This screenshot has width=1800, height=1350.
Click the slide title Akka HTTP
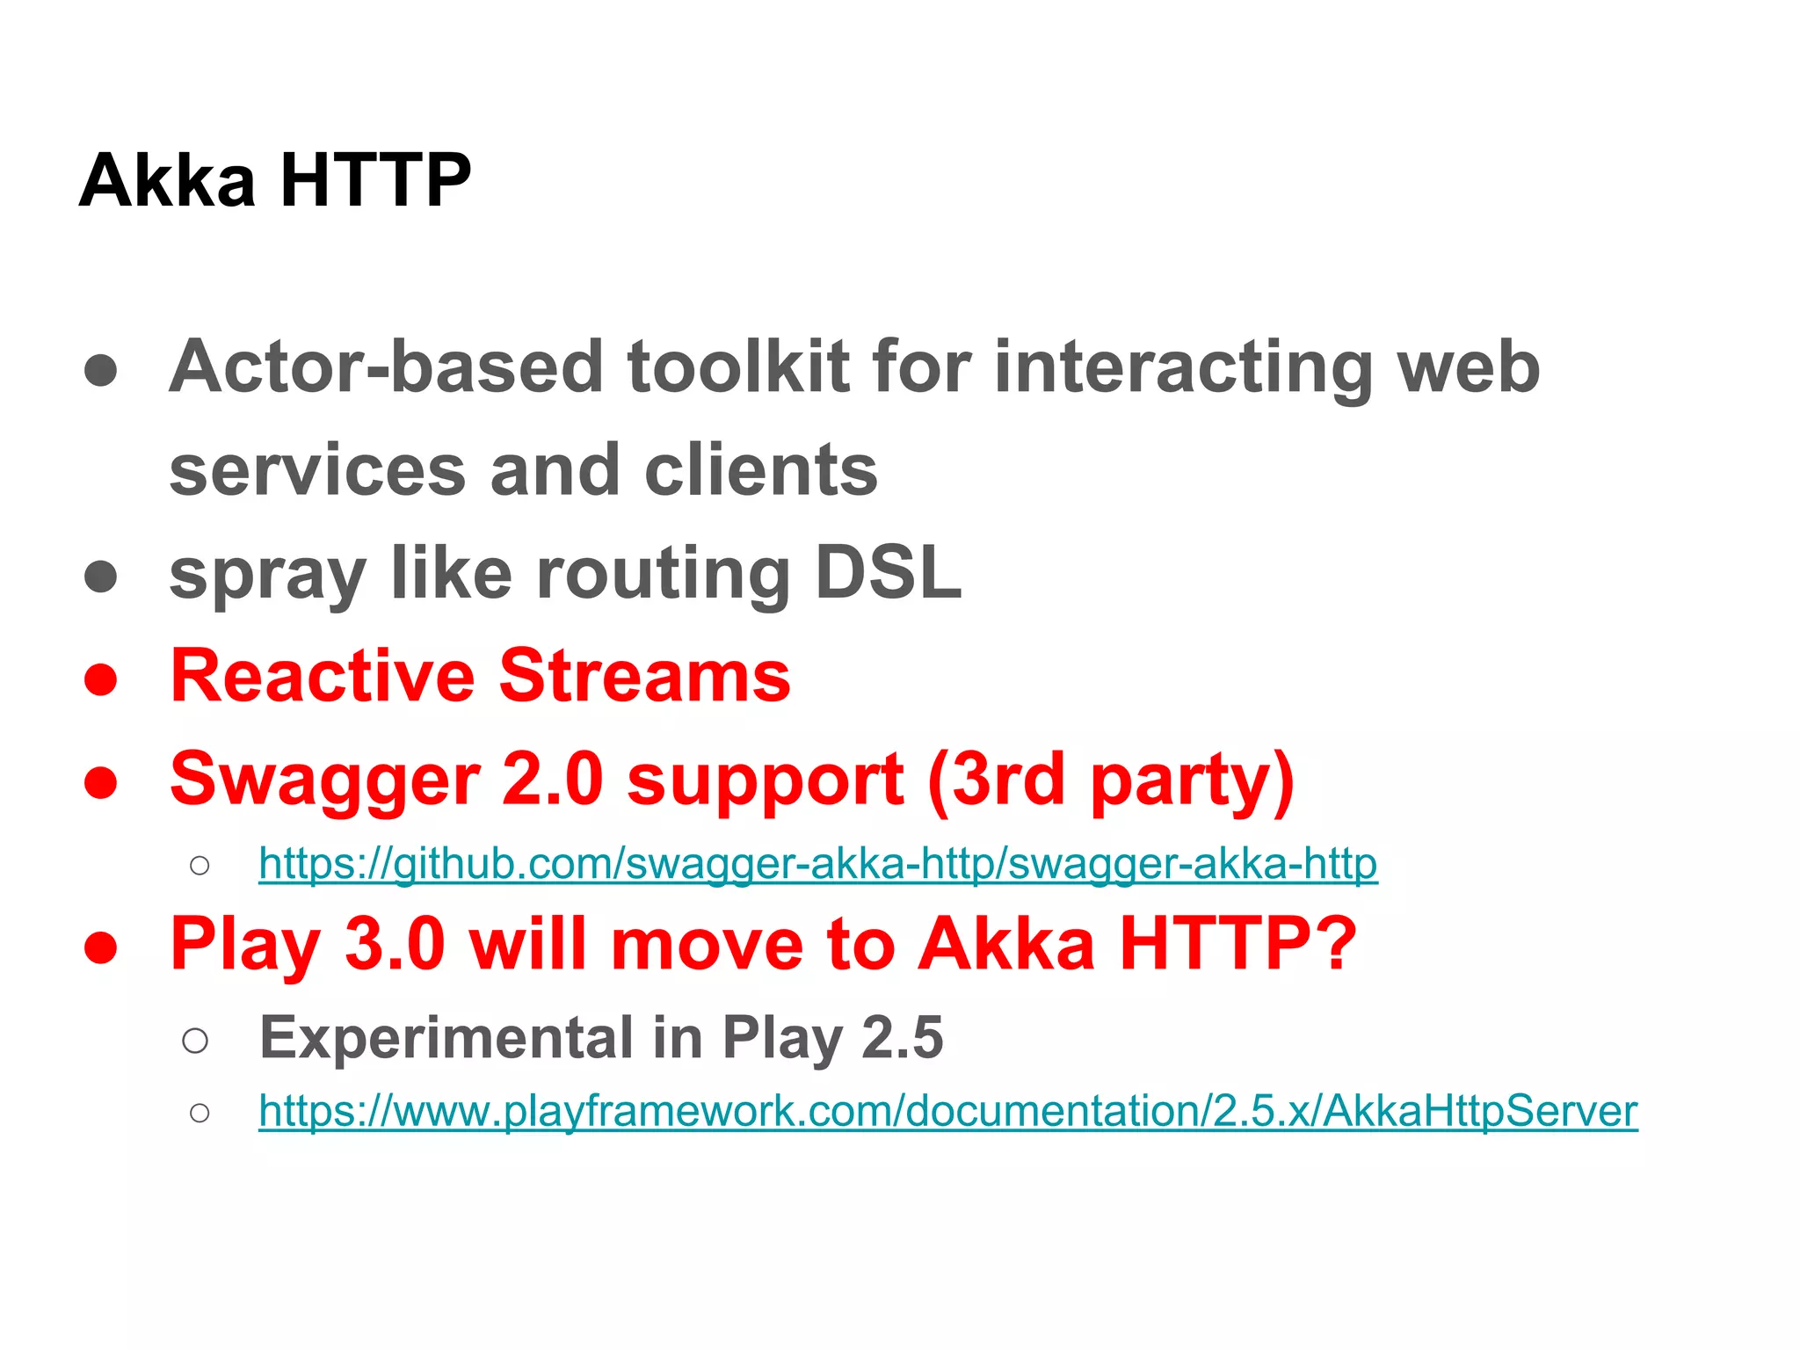275,181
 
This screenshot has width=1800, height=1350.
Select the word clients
760,470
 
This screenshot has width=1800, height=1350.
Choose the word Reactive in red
323,676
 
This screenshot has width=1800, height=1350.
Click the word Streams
645,676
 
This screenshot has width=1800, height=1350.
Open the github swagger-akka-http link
817,864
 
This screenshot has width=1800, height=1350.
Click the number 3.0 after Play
395,944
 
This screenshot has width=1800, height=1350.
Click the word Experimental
446,1038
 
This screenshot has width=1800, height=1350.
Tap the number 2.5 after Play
902,1038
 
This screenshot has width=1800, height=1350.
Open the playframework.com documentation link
947,1111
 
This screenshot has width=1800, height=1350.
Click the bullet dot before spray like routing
101,577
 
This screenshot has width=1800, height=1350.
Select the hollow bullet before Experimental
195,1042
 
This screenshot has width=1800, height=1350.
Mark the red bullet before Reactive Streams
101,679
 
